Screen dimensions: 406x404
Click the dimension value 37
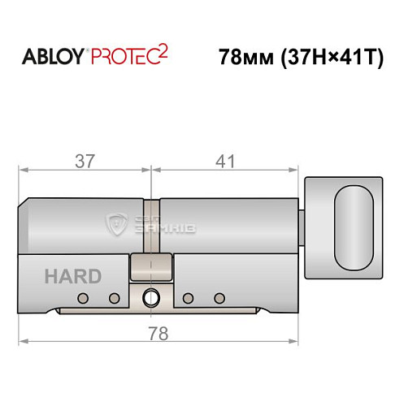(x=84, y=161)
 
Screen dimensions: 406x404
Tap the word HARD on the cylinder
(x=74, y=276)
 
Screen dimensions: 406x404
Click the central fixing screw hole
(x=150, y=298)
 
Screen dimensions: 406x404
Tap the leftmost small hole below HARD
(x=81, y=298)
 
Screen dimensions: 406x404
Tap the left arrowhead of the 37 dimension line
(x=24, y=171)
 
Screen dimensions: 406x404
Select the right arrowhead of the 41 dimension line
(x=289, y=171)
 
